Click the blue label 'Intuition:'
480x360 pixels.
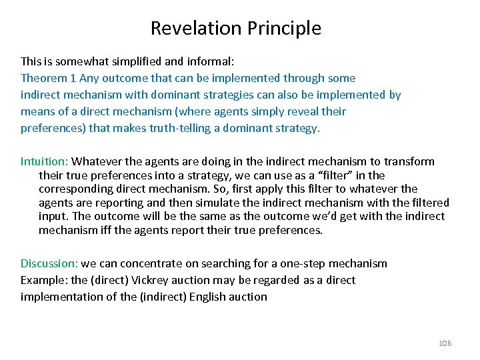[x=44, y=161]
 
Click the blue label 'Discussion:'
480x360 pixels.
[x=49, y=263]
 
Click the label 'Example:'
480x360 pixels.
[x=42, y=280]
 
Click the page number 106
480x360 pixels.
[x=445, y=343]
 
